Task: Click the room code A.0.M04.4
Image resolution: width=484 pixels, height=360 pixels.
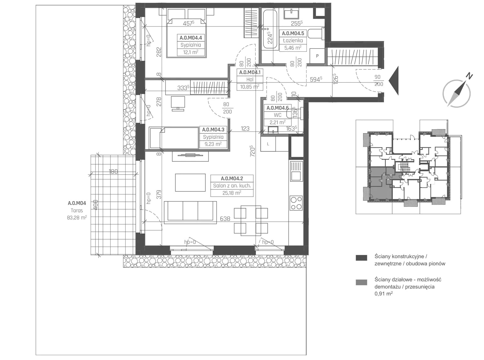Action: tap(191, 38)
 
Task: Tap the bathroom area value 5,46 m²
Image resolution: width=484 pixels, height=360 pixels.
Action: tap(293, 47)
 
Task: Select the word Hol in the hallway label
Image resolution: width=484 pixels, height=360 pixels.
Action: tap(250, 79)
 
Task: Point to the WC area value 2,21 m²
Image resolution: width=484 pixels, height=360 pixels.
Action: tap(277, 122)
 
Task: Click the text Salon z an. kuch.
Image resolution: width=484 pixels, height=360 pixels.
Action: tap(232, 186)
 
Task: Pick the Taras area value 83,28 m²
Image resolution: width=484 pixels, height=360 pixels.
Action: tap(77, 218)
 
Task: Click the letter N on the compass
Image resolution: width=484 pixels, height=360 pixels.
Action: tap(469, 76)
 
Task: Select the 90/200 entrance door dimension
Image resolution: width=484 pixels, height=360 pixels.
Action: tap(378, 80)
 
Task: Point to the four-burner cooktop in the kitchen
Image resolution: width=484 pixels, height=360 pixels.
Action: tap(296, 203)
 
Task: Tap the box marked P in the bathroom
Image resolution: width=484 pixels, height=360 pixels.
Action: tap(317, 56)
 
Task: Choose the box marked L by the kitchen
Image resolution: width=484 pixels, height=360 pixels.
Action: tap(268, 144)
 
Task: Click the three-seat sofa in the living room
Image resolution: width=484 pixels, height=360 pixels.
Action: tap(190, 212)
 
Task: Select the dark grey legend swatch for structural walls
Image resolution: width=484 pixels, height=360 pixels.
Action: tap(361, 258)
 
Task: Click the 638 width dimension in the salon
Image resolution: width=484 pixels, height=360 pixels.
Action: tap(225, 219)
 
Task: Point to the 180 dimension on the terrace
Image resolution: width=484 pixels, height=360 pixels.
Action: tap(113, 172)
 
